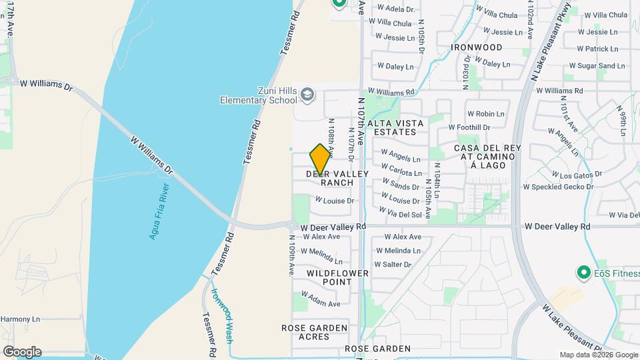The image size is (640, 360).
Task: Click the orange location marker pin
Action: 320,159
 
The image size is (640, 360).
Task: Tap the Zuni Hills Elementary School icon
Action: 307,94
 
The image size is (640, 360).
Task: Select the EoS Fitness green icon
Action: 584,273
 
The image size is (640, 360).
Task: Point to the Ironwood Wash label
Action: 221,314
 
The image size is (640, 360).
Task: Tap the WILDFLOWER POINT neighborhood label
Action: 329,277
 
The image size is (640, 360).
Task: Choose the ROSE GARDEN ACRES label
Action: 314,332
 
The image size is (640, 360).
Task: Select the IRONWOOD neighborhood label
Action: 476,47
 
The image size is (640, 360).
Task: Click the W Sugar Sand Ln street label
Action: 597,66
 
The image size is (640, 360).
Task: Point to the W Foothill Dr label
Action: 469,127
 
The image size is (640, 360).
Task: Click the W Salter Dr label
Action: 393,265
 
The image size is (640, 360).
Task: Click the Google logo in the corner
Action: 22,351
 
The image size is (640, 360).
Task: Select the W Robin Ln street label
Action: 485,114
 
